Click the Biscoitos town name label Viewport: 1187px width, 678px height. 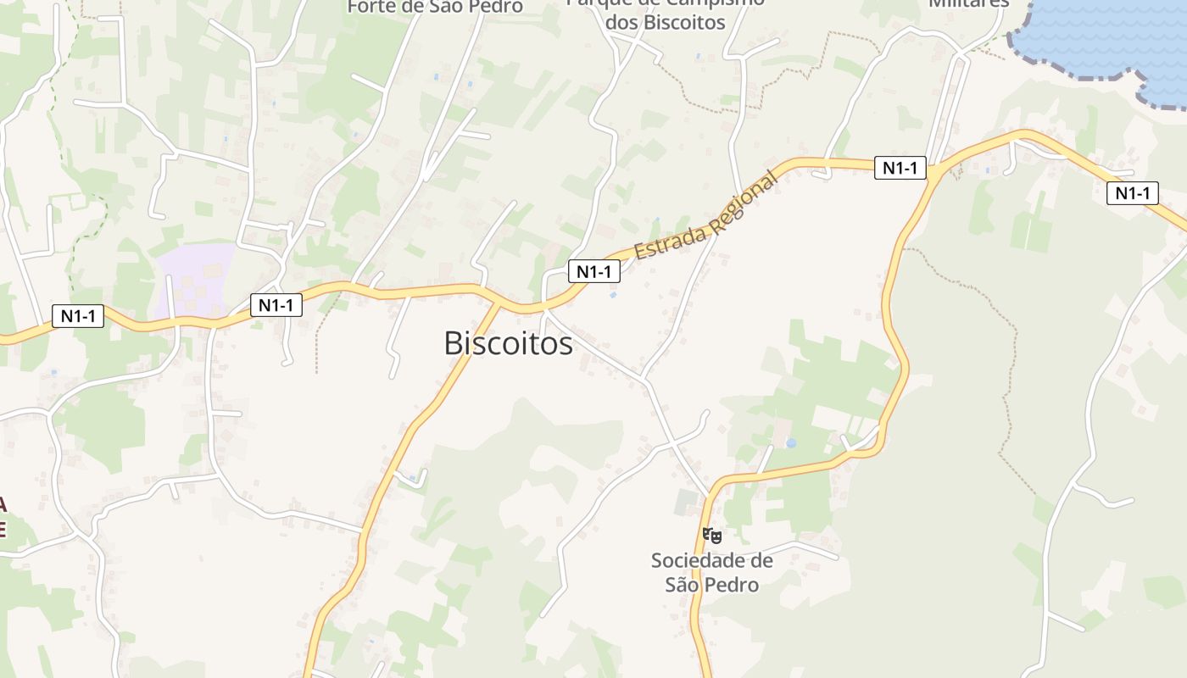pos(508,343)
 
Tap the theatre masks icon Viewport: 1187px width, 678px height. pos(711,535)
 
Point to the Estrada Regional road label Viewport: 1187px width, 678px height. pos(705,217)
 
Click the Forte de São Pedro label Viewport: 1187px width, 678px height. pos(435,7)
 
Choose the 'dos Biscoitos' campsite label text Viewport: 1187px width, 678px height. pos(666,23)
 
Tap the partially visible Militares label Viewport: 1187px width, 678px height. pos(969,3)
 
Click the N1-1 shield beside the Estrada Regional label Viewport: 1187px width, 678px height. pos(593,271)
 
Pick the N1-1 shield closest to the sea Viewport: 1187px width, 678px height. pos(1133,193)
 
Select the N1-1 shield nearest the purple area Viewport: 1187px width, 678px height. pos(276,305)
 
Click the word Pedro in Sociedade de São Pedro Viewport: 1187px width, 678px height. pos(733,585)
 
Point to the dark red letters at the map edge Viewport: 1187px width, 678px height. pos(3,517)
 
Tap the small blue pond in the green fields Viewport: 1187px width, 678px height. pos(791,442)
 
